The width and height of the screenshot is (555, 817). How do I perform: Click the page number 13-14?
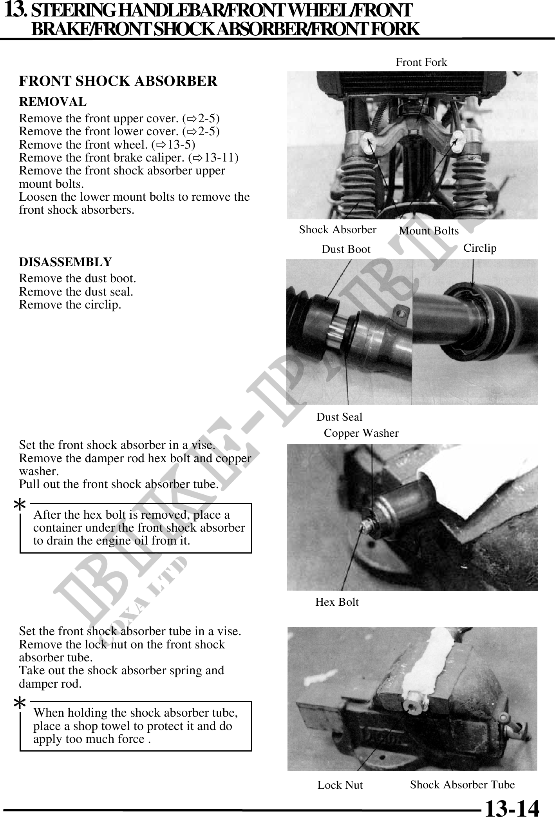512,807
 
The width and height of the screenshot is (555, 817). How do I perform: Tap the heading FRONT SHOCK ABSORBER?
118,81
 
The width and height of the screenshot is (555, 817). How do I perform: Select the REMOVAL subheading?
53,102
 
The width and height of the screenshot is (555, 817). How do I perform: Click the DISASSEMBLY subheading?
65,262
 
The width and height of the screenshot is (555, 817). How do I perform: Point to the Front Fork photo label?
421,62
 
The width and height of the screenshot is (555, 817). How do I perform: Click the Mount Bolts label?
428,231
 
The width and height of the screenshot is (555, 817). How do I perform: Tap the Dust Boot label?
346,249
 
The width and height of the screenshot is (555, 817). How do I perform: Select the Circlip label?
480,248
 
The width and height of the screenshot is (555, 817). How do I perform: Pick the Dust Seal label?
339,417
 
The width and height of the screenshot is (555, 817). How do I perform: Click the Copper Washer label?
361,433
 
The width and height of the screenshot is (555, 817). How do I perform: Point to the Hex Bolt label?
337,602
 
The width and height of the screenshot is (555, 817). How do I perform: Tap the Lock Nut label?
340,785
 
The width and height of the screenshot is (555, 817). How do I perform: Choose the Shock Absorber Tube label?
462,784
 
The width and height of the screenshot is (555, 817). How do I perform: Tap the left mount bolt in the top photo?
367,144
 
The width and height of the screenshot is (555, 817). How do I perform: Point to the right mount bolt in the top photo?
457,141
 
